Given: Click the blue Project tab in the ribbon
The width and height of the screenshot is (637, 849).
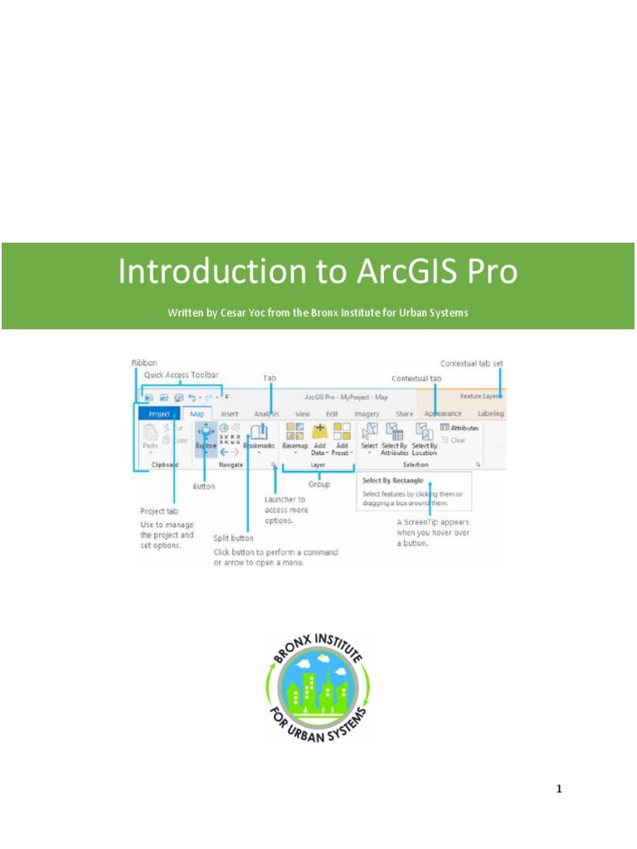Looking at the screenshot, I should pos(157,414).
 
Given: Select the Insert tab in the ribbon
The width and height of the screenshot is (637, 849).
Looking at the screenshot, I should pos(230,414).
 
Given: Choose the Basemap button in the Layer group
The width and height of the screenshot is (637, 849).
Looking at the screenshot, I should pos(294,437).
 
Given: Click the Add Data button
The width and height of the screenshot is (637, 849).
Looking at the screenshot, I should pos(318,437).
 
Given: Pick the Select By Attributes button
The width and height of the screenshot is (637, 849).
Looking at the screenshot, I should pos(395,437).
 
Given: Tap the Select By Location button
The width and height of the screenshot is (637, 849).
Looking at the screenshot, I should pos(424,437).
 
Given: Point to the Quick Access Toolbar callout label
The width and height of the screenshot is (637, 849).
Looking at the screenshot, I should pos(182,375).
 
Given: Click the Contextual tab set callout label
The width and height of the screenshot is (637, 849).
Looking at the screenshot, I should pos(471,363).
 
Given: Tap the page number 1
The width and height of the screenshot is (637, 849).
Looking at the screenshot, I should pos(559,789).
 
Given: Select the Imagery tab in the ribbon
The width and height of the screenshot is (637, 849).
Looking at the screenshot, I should pos(367,414).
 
